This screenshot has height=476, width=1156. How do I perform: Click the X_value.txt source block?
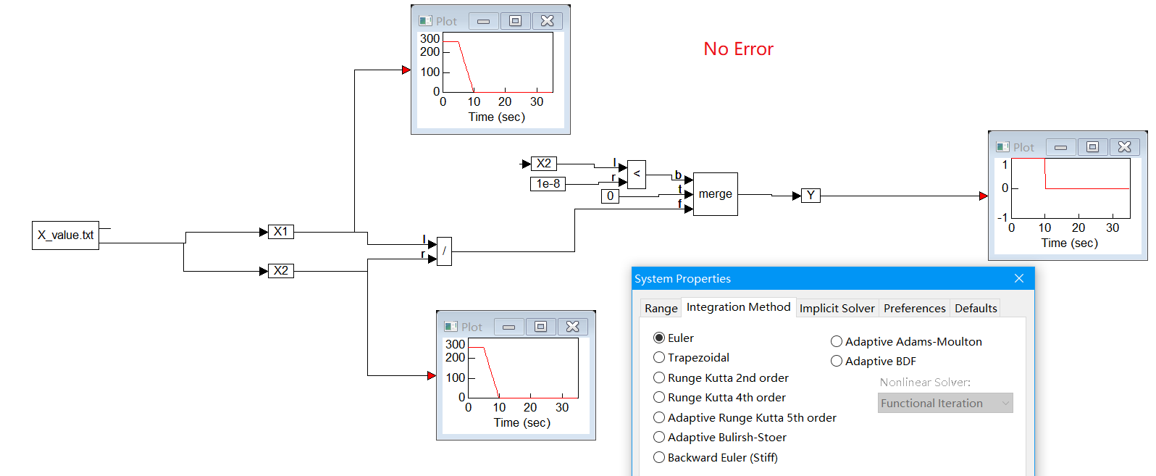65,235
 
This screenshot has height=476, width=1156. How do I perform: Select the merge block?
715,194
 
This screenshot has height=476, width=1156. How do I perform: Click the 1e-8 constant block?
548,184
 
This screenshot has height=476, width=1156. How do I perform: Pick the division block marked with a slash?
444,251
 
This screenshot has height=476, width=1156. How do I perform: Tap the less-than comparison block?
637,174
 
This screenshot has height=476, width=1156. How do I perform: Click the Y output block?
811,196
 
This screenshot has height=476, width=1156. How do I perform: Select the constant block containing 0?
610,196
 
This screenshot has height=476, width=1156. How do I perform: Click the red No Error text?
738,49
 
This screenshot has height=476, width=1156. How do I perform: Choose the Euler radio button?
659,338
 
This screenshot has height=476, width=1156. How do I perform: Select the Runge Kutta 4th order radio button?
659,398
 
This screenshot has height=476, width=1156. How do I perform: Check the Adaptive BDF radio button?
837,362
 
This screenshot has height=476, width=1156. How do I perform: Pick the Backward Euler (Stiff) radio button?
659,458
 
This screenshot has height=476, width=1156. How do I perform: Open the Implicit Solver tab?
837,309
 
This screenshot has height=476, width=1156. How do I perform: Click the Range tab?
661,309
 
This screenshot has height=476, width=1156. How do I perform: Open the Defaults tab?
975,309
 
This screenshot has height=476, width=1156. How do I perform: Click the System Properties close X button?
1018,279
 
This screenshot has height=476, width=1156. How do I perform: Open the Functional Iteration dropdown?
945,404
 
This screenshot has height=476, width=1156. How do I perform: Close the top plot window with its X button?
548,21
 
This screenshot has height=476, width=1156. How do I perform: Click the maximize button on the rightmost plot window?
1092,147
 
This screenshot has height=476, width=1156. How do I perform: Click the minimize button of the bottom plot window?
508,327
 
